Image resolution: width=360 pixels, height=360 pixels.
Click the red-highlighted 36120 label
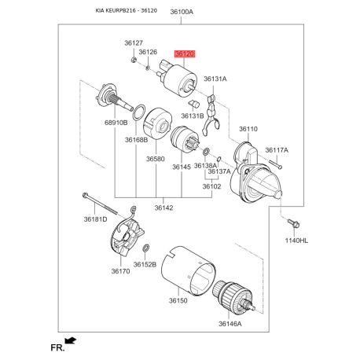[185, 53]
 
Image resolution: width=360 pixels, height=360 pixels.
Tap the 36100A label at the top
[182, 12]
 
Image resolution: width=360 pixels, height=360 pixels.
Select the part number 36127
[134, 42]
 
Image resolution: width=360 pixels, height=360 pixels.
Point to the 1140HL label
[296, 241]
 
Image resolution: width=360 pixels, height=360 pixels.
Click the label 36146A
[230, 324]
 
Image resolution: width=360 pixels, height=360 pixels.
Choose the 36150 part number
[178, 300]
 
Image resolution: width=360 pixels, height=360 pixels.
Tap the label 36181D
[95, 219]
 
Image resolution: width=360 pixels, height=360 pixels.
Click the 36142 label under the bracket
[163, 208]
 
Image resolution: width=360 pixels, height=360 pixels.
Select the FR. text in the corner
[57, 348]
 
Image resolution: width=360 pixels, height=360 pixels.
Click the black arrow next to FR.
[71, 340]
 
